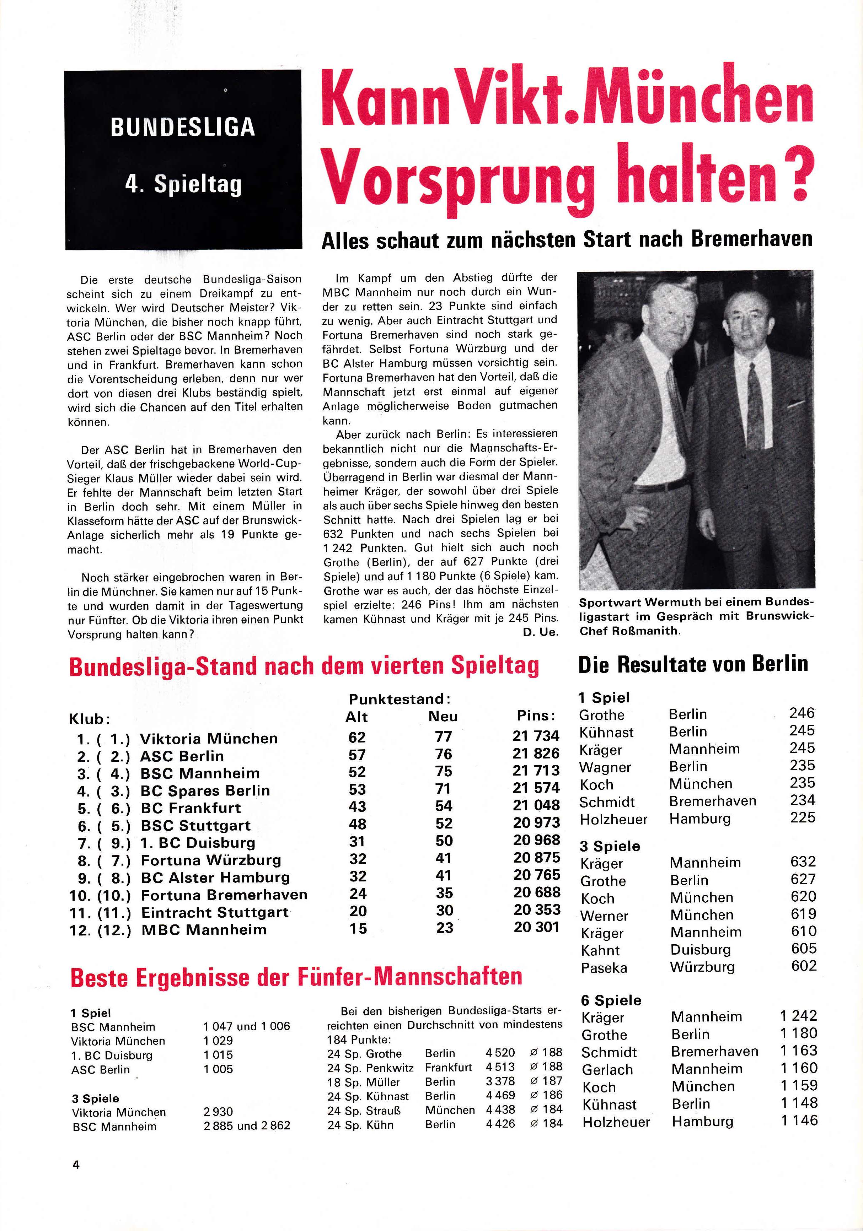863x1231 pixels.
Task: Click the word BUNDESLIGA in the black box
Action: [182, 128]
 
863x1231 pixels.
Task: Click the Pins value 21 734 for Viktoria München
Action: [535, 736]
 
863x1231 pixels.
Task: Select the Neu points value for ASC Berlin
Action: [444, 754]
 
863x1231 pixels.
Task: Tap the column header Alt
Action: [357, 717]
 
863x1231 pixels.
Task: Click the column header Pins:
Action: [535, 716]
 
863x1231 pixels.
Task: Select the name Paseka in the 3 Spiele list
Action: [604, 968]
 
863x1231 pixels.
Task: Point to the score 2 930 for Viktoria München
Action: [218, 1111]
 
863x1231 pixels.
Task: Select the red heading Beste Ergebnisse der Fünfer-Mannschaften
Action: [296, 977]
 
